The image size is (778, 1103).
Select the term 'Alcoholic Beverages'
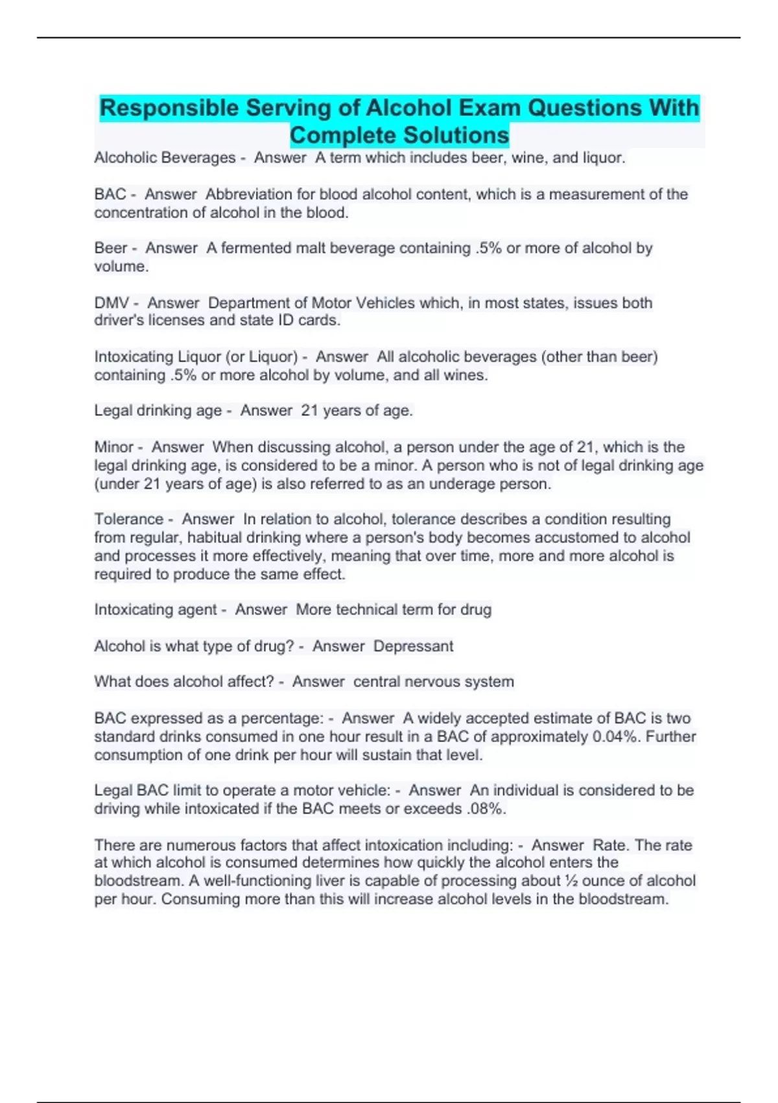pyautogui.click(x=165, y=158)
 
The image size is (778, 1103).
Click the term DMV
pyautogui.click(x=112, y=303)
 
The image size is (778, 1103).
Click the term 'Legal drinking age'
pyautogui.click(x=158, y=411)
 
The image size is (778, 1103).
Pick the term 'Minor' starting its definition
pyautogui.click(x=113, y=447)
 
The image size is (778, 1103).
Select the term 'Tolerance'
pyautogui.click(x=128, y=519)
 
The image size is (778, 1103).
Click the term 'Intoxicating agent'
pyautogui.click(x=156, y=610)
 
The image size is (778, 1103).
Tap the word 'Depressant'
pyautogui.click(x=414, y=646)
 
